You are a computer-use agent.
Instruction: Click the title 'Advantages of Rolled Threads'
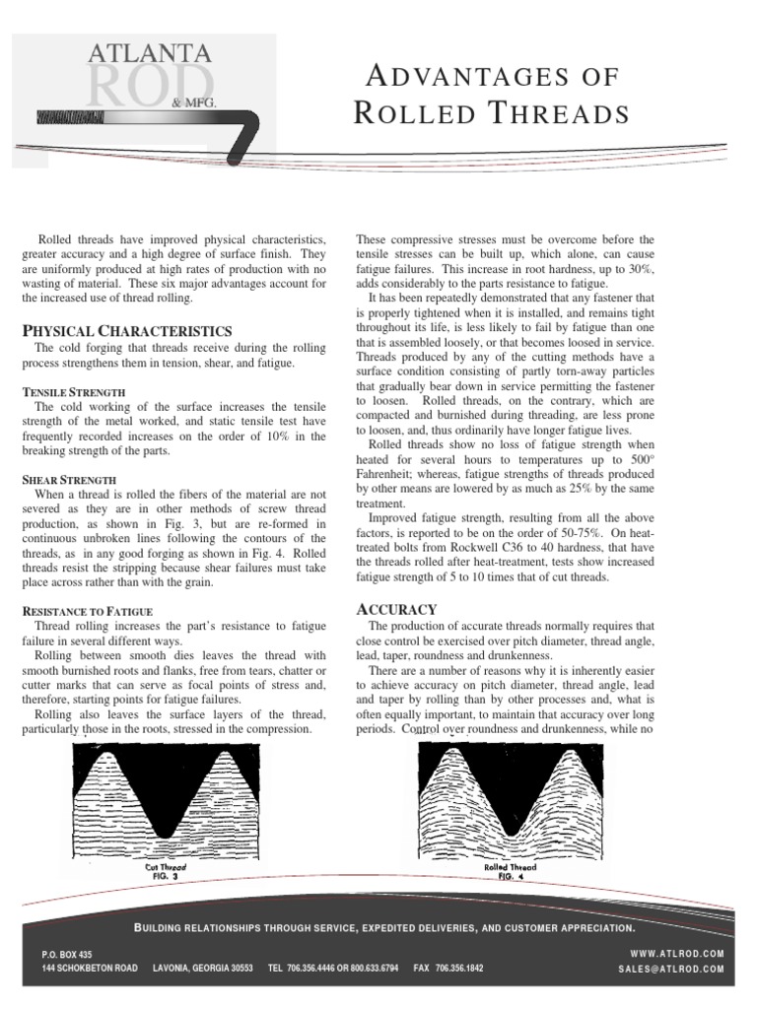(491, 95)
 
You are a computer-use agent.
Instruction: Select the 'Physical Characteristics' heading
(127, 330)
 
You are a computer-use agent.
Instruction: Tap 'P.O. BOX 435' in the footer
(67, 955)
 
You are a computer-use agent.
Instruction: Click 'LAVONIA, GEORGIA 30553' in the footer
(203, 970)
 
